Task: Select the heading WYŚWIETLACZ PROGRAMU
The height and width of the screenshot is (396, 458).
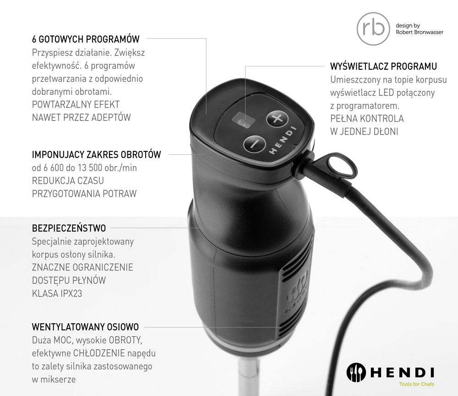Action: pyautogui.click(x=383, y=66)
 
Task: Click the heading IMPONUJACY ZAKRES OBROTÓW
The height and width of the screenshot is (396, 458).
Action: pyautogui.click(x=96, y=154)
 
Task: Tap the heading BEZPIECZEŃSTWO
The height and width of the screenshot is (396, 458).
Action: pyautogui.click(x=69, y=228)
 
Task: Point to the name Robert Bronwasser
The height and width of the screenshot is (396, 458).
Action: pyautogui.click(x=419, y=33)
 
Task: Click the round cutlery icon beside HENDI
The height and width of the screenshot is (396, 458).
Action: pyautogui.click(x=356, y=371)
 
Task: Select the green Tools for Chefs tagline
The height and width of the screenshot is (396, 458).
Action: pyautogui.click(x=416, y=384)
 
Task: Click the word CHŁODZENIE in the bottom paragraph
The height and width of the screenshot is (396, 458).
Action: pyautogui.click(x=98, y=353)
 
